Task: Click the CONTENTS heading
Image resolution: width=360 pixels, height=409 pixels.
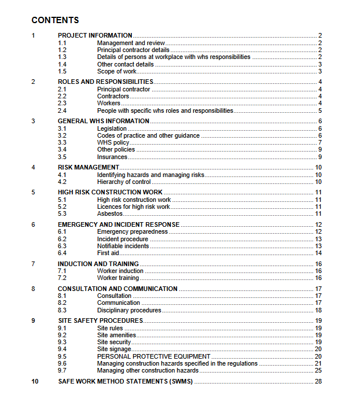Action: (56, 20)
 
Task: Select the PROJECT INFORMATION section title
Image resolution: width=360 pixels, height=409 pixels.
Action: (95, 35)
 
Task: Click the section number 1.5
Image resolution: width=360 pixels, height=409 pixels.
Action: (63, 71)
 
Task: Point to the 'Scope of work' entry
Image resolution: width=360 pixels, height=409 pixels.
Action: (116, 71)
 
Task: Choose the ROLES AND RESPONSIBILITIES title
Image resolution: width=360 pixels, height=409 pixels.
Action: (105, 82)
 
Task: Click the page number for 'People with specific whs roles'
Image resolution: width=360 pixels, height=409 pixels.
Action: (319, 110)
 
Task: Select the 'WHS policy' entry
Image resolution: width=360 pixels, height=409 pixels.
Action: (113, 142)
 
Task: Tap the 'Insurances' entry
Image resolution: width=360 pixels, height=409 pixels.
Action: (112, 157)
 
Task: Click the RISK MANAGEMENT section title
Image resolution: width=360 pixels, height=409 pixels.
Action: (88, 167)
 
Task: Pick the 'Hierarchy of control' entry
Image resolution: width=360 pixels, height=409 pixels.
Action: (124, 182)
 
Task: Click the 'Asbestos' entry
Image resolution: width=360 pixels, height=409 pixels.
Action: (110, 213)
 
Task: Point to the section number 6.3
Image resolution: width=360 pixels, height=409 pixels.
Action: (63, 246)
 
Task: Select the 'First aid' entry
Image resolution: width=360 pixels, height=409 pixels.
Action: (108, 253)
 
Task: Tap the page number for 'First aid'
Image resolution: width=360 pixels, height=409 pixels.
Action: (318, 253)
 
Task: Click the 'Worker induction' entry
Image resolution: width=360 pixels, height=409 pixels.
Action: (120, 271)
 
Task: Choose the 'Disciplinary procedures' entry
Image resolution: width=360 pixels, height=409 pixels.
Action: (129, 310)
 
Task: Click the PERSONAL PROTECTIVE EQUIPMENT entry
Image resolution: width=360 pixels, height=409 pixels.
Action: (153, 356)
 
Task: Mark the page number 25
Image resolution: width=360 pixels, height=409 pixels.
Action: (318, 370)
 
